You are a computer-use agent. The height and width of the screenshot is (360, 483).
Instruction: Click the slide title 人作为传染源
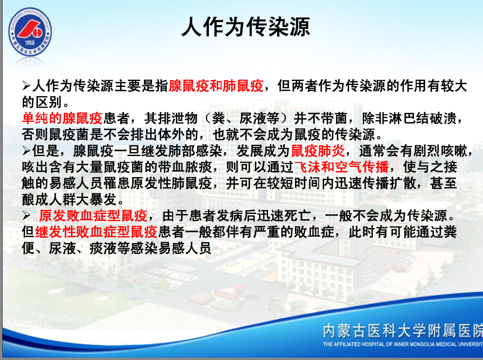[x=245, y=27]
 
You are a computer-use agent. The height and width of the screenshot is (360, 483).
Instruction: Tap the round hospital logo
[x=30, y=32]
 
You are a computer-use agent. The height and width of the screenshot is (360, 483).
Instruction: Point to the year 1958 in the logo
[x=30, y=43]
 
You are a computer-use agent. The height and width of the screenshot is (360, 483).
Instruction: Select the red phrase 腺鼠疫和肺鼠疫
[x=216, y=86]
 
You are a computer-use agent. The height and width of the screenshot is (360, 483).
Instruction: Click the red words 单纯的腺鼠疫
[x=62, y=118]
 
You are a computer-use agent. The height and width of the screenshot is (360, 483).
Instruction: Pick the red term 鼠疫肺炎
[x=318, y=151]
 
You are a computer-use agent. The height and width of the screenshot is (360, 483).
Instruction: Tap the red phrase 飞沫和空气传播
[x=341, y=167]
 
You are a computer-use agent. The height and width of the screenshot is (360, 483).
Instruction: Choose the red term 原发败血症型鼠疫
[x=93, y=216]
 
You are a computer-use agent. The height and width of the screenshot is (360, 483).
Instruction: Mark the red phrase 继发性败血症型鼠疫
[x=97, y=232]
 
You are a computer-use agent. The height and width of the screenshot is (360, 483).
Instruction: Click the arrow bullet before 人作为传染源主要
[x=26, y=86]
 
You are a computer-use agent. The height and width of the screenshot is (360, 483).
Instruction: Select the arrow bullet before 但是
[x=26, y=151]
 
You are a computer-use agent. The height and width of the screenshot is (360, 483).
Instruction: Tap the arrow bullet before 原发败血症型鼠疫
[x=26, y=216]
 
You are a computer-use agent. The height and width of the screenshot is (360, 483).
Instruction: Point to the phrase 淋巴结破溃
[x=422, y=118]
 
